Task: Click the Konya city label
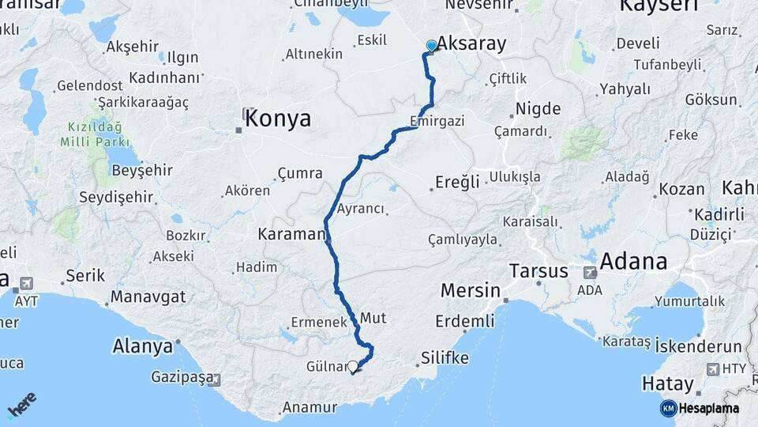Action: [x=278, y=119]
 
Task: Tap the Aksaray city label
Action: [x=471, y=44]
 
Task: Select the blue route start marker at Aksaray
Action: [x=431, y=46]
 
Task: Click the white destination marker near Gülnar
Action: [x=352, y=367]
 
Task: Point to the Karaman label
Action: [x=291, y=234]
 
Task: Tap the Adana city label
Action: [x=633, y=261]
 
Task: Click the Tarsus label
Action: [x=538, y=270]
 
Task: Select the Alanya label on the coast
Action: [x=143, y=346]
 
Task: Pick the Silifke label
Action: [x=445, y=357]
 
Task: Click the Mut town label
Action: [x=373, y=318]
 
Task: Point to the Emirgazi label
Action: [x=437, y=121]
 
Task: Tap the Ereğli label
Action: [x=458, y=183]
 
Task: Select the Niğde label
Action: [x=538, y=108]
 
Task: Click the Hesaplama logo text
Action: [x=708, y=409]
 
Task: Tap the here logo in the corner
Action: [x=21, y=404]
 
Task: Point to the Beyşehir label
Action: [x=142, y=171]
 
